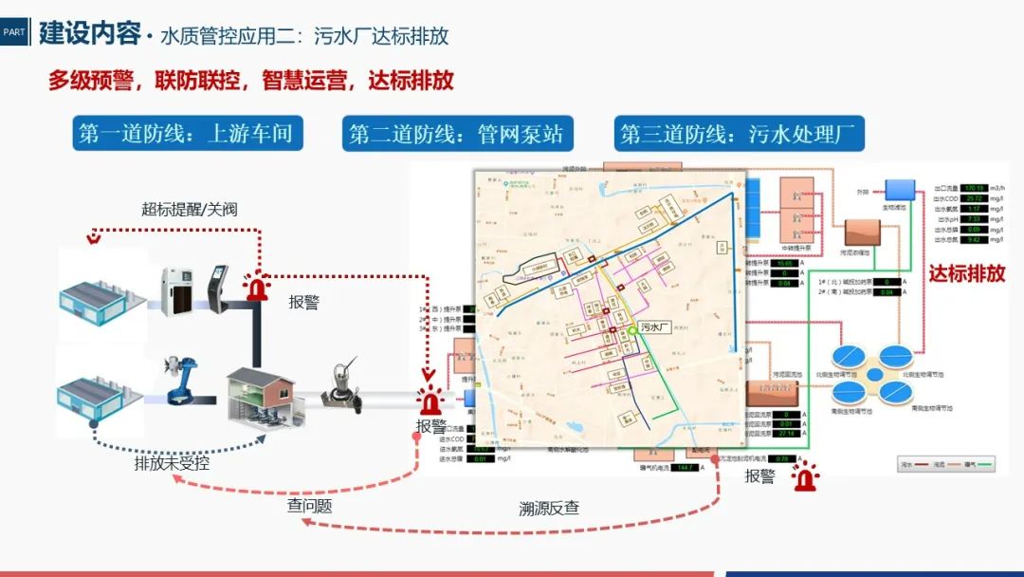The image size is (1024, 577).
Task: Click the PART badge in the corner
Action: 14,31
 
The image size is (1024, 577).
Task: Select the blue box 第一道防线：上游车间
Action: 187,134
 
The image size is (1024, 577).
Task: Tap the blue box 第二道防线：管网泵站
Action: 456,134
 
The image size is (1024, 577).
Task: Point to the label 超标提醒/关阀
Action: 189,209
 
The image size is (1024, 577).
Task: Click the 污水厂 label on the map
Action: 655,326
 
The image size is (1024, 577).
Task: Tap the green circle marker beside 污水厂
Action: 632,331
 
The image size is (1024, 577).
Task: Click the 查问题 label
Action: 309,506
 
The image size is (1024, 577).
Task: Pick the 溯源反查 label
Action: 548,508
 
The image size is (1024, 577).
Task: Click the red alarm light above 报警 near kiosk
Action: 256,285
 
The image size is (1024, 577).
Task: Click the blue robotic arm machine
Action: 180,379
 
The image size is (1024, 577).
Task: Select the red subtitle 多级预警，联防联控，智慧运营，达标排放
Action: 251,81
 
